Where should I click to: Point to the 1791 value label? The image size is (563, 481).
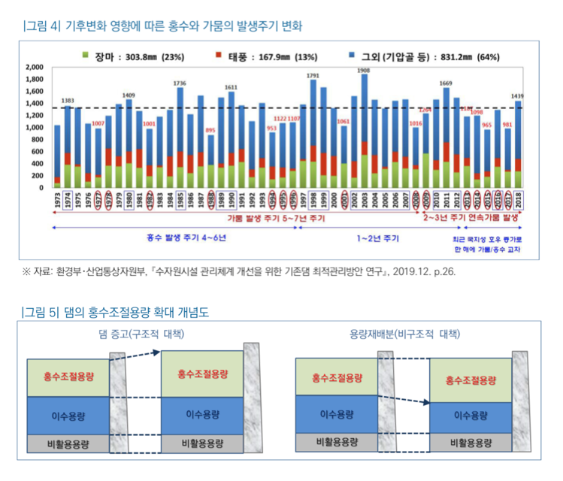(x=313, y=75)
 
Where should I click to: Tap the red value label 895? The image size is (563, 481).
(x=212, y=129)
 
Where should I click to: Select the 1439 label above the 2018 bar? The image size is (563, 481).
(x=518, y=96)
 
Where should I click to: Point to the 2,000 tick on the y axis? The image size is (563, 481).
(x=35, y=67)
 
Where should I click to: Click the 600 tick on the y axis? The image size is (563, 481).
(x=38, y=151)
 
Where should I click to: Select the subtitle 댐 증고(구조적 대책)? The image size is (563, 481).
(x=141, y=333)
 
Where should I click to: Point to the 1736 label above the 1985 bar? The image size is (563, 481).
(x=180, y=83)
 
